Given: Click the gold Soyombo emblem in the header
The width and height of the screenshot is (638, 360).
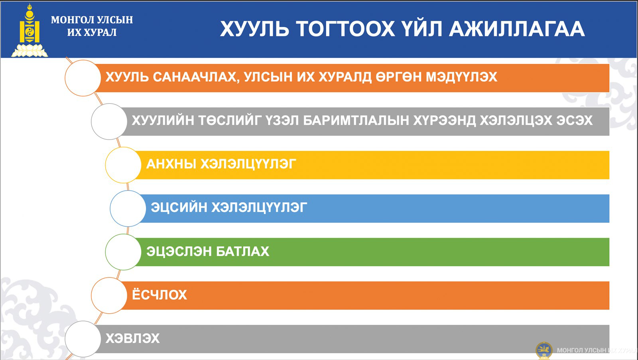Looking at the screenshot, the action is click(30, 30).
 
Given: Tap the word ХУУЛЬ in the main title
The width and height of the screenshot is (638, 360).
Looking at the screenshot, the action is click(255, 29).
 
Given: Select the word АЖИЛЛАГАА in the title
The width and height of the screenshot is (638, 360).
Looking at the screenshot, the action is click(517, 29).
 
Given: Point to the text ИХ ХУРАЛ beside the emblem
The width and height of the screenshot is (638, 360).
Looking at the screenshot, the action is click(92, 32).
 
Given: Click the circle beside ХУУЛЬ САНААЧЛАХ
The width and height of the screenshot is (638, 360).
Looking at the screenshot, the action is click(83, 78).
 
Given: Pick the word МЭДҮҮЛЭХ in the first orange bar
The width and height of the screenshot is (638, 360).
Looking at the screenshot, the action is click(461, 77).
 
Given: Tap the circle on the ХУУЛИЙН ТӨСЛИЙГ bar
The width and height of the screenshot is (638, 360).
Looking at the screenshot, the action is click(109, 121).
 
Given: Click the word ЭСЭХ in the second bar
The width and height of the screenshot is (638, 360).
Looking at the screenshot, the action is click(575, 120).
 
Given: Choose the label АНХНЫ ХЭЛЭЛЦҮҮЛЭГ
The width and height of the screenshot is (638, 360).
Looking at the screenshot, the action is click(221, 164).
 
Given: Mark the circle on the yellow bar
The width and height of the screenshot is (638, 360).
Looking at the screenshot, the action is click(123, 165).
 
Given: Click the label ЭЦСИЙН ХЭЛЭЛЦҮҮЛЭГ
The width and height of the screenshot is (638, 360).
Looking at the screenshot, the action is click(229, 208).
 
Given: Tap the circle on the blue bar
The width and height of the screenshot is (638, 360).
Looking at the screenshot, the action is click(128, 209).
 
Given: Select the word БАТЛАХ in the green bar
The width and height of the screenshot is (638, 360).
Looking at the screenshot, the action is click(242, 252).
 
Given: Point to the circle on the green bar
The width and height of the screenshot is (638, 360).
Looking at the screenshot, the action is click(123, 252).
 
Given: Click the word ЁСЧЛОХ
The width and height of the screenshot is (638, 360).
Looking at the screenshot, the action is click(159, 294).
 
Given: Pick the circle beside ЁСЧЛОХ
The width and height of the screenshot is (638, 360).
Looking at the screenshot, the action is click(109, 296).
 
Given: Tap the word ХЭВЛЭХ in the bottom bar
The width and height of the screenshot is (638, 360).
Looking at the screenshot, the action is click(132, 338).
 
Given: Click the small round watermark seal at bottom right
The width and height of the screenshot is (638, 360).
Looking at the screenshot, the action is click(544, 350).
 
